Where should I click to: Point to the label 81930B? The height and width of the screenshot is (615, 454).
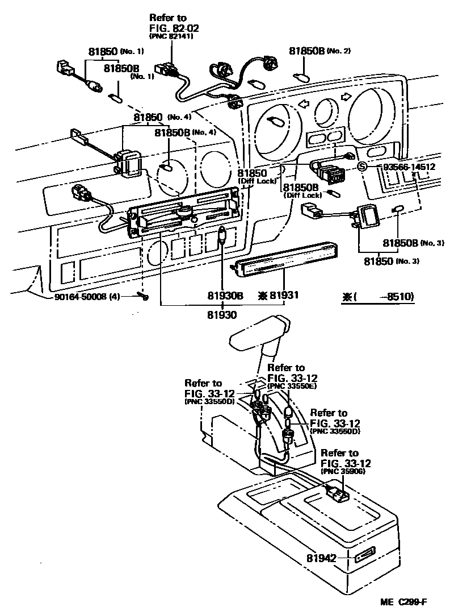(225, 296)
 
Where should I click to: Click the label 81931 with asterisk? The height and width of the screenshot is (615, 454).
(278, 296)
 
